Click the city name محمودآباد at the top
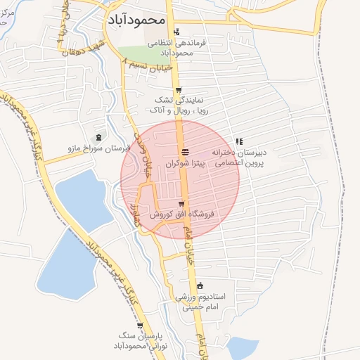[x=136, y=20]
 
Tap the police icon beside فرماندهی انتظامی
[x=176, y=32]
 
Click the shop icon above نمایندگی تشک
[x=179, y=90]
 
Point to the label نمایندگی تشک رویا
[x=176, y=105]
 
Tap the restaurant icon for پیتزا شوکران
[x=184, y=152]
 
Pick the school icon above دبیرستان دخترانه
[x=239, y=141]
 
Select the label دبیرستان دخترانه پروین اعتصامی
[x=238, y=157]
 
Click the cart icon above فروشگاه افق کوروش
[x=181, y=204]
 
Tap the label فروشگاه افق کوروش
[x=181, y=214]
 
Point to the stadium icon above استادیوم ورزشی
[x=200, y=286]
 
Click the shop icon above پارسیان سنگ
[x=141, y=326]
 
